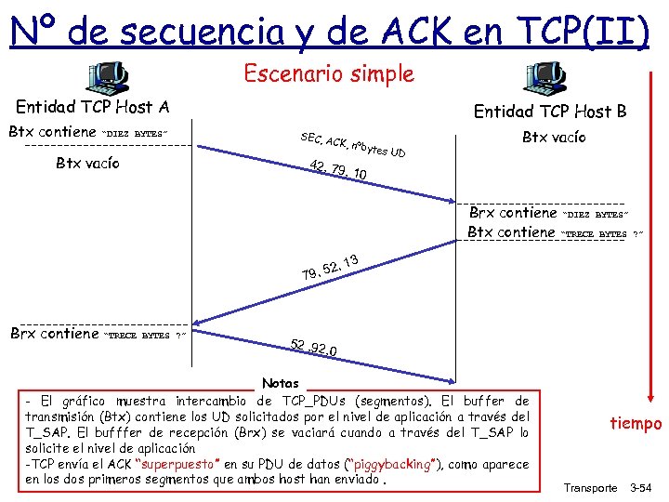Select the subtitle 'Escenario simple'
(329, 73)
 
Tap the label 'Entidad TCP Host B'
(550, 112)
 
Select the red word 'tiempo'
(636, 423)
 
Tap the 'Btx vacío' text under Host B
(553, 138)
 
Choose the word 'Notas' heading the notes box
(281, 383)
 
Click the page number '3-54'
(642, 487)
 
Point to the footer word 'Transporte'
(591, 487)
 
